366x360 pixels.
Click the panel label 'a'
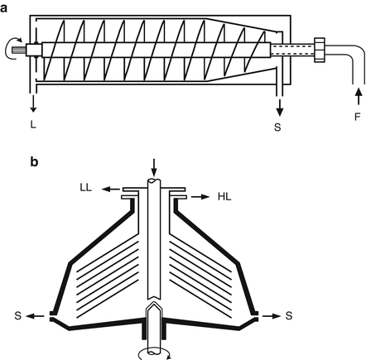[x=6, y=6]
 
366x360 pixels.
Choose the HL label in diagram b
[x=224, y=198]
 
